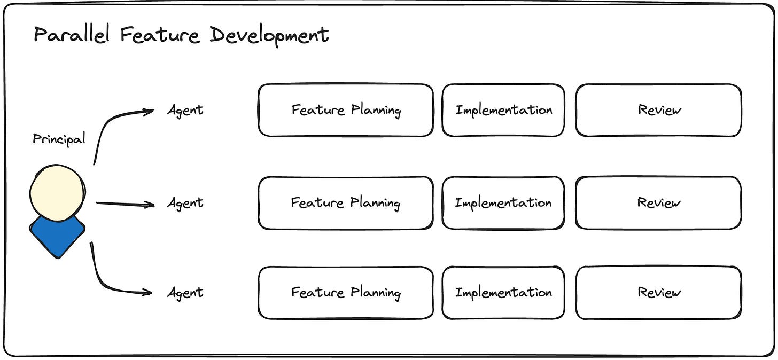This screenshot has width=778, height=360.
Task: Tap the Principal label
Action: (59, 139)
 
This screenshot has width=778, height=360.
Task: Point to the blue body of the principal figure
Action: (57, 235)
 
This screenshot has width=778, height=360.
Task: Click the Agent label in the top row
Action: (185, 111)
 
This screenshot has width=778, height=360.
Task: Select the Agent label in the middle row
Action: (185, 204)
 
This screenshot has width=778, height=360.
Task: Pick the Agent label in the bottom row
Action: (185, 293)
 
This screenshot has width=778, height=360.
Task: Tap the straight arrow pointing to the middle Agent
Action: (125, 204)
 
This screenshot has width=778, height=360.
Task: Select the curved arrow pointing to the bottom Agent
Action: (107, 280)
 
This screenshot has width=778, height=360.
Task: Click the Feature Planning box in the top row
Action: (346, 110)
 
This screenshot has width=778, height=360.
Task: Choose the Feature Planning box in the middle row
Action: (346, 203)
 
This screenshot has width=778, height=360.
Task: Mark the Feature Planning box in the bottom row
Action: (346, 293)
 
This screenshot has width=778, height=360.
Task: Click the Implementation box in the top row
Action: (503, 110)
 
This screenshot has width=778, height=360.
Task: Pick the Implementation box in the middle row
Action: (503, 203)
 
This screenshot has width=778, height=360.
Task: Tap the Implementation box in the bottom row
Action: (503, 293)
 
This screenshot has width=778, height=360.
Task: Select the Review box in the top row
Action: (659, 110)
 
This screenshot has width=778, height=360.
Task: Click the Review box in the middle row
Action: (659, 203)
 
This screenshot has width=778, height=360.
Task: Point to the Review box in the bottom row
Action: (659, 293)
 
